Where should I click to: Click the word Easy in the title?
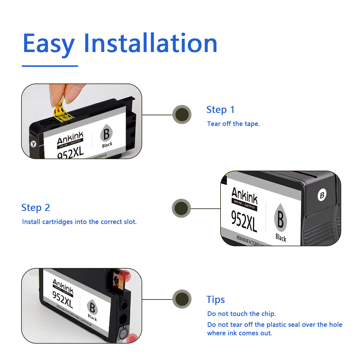(x=48, y=44)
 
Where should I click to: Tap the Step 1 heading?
(x=220, y=110)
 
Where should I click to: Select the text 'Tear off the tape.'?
(x=233, y=124)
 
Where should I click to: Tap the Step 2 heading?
(x=35, y=208)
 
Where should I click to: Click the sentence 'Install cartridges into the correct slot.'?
(x=79, y=222)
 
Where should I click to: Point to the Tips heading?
(x=215, y=299)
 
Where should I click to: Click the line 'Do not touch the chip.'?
(x=241, y=314)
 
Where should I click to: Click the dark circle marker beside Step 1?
(x=182, y=114)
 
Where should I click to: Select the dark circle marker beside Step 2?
(x=181, y=208)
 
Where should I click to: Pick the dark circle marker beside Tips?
(x=182, y=299)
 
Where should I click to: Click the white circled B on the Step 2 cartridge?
(x=322, y=195)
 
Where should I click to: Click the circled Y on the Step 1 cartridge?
(x=33, y=144)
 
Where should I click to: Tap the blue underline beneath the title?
(x=50, y=66)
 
